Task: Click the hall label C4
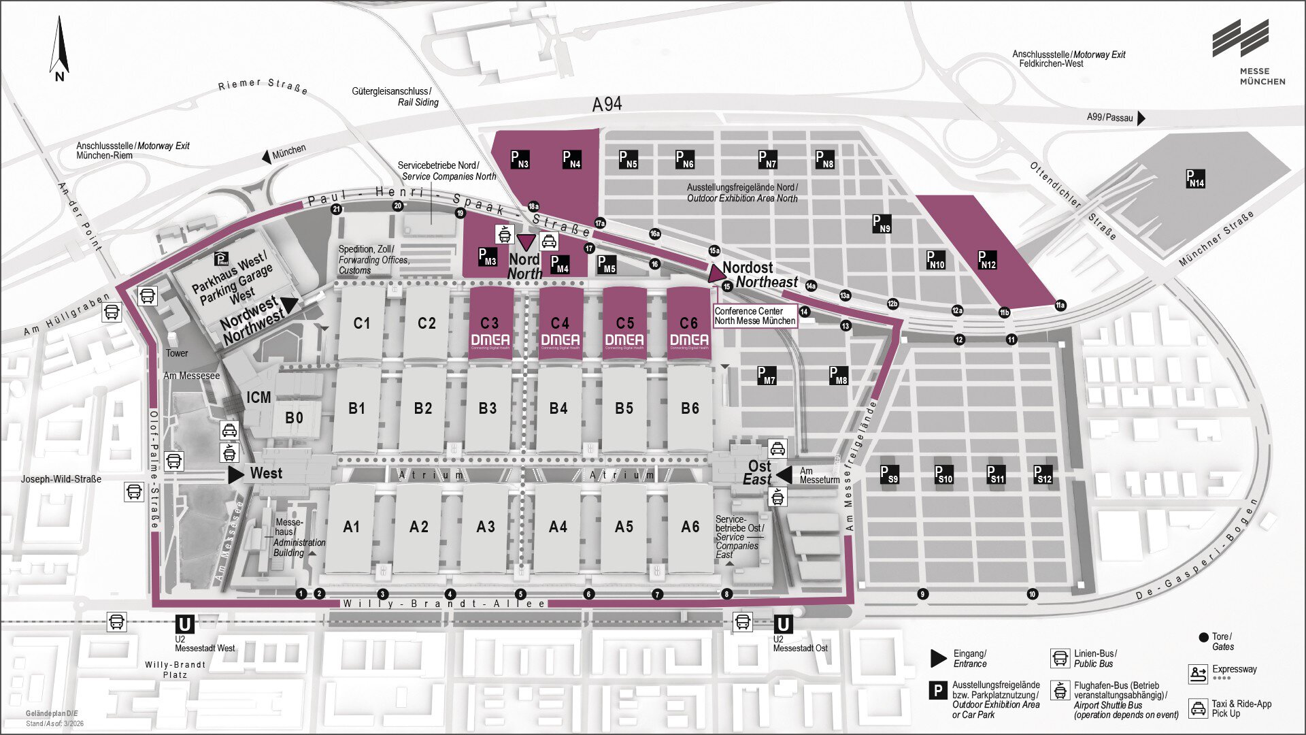coord(560,323)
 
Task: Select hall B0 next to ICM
coord(294,417)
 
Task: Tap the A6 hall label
coord(690,526)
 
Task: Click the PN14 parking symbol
coord(1195,178)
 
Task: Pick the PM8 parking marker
coord(838,375)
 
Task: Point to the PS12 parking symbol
coord(1042,474)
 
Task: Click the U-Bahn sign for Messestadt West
coord(184,624)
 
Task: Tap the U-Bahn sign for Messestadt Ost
coord(782,624)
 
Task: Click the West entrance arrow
coord(235,474)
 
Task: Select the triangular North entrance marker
coord(526,242)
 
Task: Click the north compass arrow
coord(59,46)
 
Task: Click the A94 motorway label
coord(607,104)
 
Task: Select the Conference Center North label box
coord(754,316)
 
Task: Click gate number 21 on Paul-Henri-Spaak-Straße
coord(336,209)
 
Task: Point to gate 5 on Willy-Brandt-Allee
coord(520,594)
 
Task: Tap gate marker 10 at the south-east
coord(1032,594)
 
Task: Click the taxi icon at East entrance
coord(777,448)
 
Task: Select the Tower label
coord(177,353)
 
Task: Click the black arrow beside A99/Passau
coord(1141,118)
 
